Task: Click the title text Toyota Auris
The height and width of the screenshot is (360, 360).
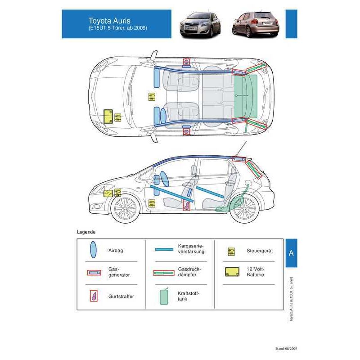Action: [x=109, y=21]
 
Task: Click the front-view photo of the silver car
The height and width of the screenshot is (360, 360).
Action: [x=200, y=25]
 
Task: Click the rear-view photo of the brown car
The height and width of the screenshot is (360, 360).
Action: [x=256, y=24]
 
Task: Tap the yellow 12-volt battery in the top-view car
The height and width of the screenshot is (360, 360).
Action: [x=108, y=116]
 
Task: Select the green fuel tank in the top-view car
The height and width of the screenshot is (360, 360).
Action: [x=246, y=96]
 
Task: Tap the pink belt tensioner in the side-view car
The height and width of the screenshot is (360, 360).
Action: [x=186, y=205]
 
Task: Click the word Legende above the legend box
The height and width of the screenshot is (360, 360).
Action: [x=86, y=232]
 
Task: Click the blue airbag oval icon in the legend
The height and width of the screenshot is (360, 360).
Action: [x=93, y=250]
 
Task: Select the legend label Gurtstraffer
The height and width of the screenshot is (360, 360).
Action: [x=121, y=297]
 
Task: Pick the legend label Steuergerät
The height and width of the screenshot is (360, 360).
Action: [x=260, y=251]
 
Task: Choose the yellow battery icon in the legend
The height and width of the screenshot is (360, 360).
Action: [x=232, y=272]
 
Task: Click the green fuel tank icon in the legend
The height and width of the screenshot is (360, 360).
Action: [x=164, y=296]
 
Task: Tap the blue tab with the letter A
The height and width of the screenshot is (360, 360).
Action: [x=291, y=253]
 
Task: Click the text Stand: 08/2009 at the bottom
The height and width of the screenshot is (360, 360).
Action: [x=286, y=348]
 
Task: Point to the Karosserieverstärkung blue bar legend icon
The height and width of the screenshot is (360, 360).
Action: [x=164, y=249]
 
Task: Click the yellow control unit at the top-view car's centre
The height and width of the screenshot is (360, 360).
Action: [x=152, y=97]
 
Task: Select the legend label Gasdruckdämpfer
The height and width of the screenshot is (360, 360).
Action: [x=189, y=272]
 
